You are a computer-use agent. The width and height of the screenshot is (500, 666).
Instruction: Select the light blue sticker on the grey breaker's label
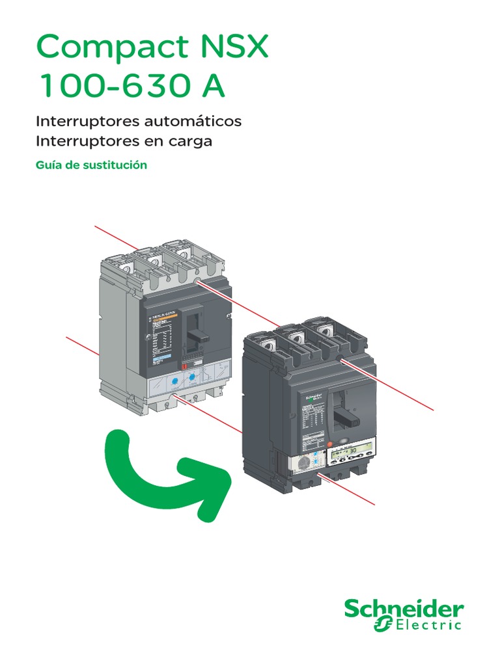[x=160, y=359]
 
